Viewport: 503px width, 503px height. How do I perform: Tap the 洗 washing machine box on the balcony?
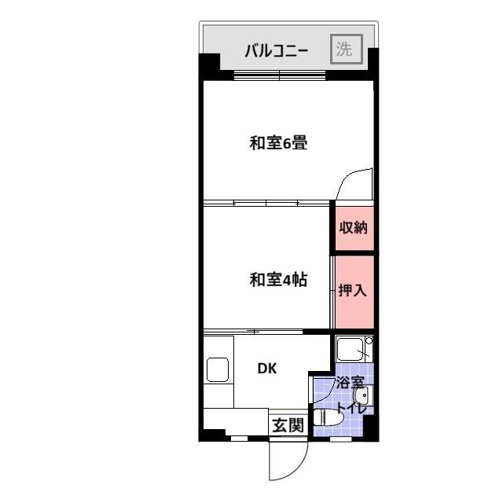point(345,49)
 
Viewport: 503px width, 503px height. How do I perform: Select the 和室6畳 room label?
point(277,143)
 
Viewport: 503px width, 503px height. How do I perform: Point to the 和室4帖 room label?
point(277,279)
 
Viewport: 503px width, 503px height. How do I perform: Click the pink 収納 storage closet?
point(353,228)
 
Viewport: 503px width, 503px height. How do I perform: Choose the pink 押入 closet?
point(353,290)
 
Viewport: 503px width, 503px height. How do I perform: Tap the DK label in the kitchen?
point(267,368)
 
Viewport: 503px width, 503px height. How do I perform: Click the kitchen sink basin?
point(218,369)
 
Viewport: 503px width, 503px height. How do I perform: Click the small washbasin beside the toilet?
point(361,396)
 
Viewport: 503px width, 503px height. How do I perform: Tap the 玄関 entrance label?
point(288,425)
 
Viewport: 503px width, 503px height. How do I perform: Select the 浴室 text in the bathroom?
point(350,383)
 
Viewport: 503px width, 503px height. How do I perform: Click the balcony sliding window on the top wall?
point(280,75)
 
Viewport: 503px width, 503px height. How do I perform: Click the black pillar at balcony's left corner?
point(208,64)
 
